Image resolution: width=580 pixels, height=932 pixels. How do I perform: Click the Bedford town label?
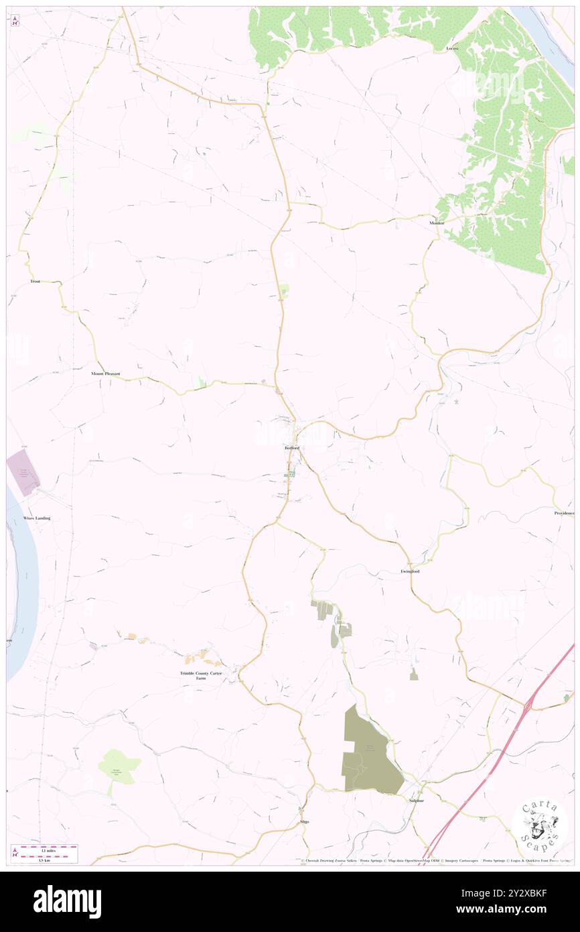coord(291,447)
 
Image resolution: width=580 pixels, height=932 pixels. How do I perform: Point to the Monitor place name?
coord(437,223)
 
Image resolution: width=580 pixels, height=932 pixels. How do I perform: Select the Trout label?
coord(35,282)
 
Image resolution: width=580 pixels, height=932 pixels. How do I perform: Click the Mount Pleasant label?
coord(106,373)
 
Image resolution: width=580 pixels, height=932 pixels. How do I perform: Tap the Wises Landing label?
coord(37,518)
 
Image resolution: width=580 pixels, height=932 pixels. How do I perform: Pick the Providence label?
coord(564,513)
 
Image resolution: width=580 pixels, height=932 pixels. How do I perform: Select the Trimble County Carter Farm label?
coord(201,675)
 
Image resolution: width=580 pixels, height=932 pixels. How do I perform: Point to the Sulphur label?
coord(416,801)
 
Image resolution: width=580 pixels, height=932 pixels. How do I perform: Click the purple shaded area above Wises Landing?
coord(23,473)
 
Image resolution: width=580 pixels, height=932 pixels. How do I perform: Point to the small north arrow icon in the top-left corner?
coord(15,21)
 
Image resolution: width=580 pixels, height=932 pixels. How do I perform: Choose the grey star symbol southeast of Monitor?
coord(457,402)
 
